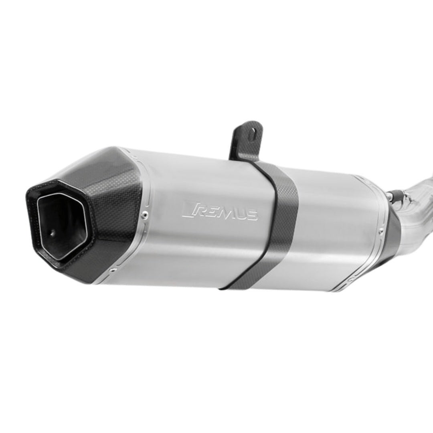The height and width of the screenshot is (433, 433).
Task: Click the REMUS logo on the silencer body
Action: tap(220, 210)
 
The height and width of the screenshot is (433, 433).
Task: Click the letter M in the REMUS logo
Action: tap(225, 211)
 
